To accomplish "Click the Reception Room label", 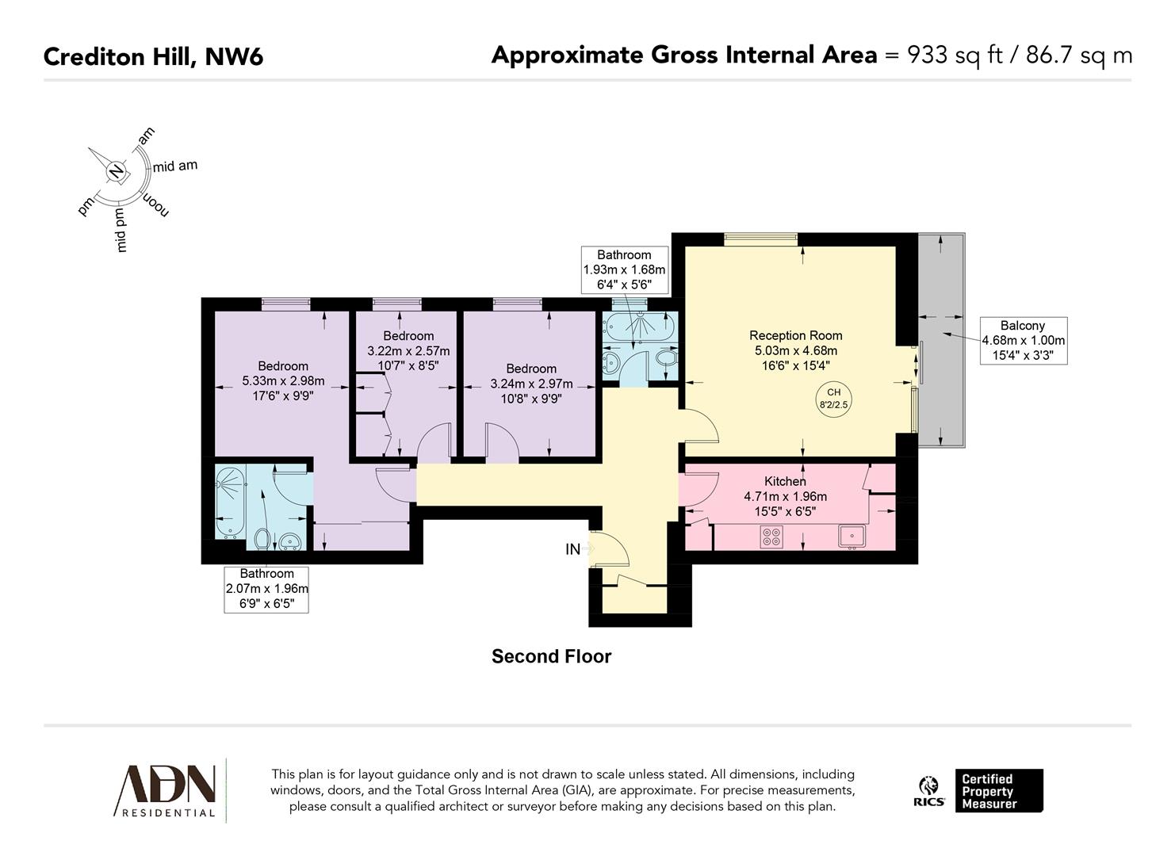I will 795,335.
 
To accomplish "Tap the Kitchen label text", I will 785,481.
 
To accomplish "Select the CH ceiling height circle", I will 833,398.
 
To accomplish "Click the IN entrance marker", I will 573,549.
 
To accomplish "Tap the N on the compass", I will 117,171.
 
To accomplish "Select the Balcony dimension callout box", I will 1023,341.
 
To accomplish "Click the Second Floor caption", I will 551,656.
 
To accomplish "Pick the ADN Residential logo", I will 167,789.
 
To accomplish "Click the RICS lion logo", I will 928,790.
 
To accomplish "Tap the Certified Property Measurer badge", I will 998,790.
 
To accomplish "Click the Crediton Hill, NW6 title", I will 153,57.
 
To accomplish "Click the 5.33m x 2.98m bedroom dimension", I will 283,381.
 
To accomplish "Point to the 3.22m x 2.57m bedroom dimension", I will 408,350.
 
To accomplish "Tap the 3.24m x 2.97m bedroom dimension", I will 531,384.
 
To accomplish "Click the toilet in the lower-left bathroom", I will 262,540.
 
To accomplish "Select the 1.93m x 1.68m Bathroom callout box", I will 624,269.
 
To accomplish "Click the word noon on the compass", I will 155,204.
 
